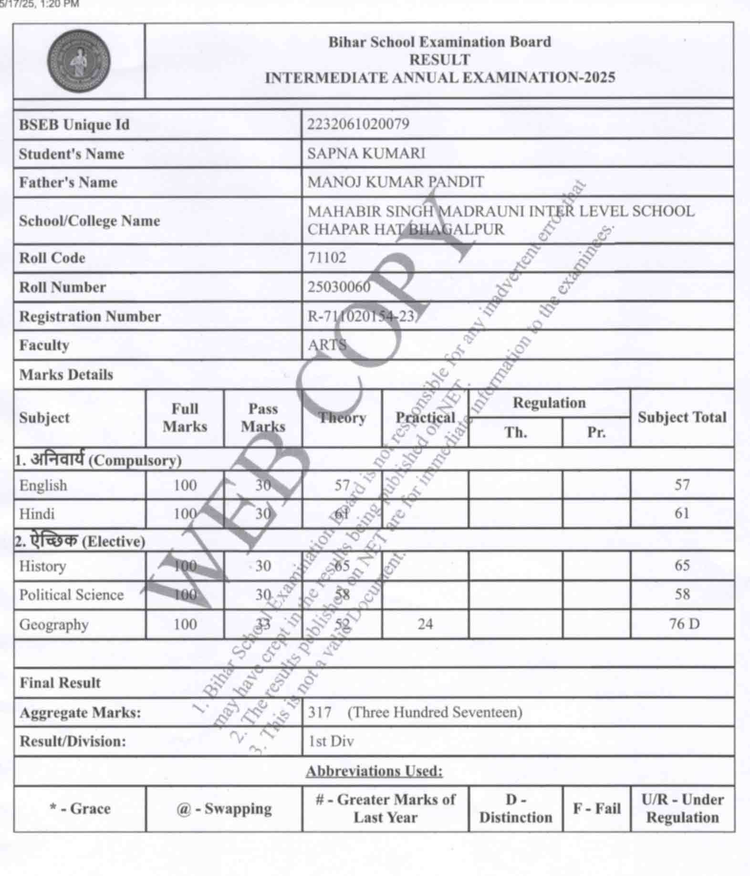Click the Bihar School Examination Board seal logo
tap(79, 61)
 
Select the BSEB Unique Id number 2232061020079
tap(358, 124)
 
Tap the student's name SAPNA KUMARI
tap(366, 153)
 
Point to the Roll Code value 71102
tap(327, 258)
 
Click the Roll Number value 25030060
tap(339, 287)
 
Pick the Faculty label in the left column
tap(44, 345)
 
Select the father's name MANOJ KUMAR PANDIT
tap(396, 182)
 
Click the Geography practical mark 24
tap(425, 624)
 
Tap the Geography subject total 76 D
tap(684, 624)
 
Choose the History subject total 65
tap(682, 565)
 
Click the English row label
tap(43, 485)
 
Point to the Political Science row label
tap(71, 594)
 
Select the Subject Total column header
tap(682, 417)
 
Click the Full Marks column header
tap(185, 417)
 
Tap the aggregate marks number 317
tap(319, 712)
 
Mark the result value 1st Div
tap(331, 741)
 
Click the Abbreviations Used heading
tap(374, 771)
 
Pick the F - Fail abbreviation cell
tap(596, 809)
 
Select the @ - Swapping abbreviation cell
tap(224, 809)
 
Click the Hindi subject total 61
tap(682, 513)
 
